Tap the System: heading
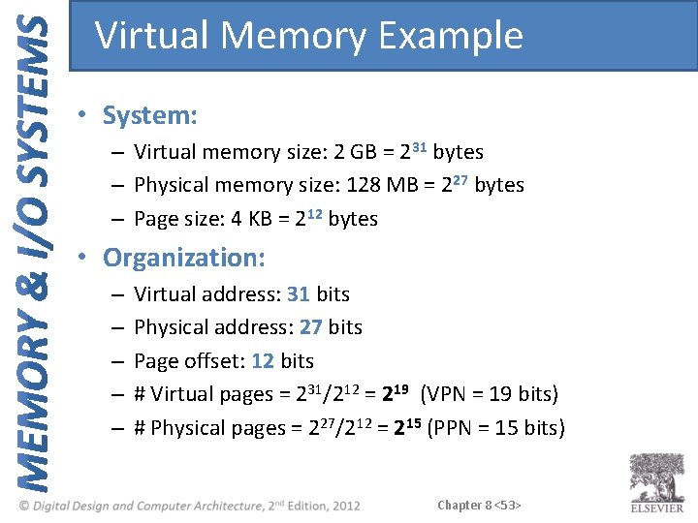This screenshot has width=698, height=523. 150,116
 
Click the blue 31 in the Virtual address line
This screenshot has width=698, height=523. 299,294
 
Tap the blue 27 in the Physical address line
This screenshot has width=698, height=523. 311,327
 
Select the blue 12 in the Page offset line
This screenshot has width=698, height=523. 262,361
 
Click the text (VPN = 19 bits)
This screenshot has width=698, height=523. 490,394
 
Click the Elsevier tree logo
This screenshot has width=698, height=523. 656,477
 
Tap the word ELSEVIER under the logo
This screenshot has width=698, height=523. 656,508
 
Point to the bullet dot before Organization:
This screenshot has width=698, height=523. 85,258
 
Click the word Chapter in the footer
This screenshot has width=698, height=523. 460,505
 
